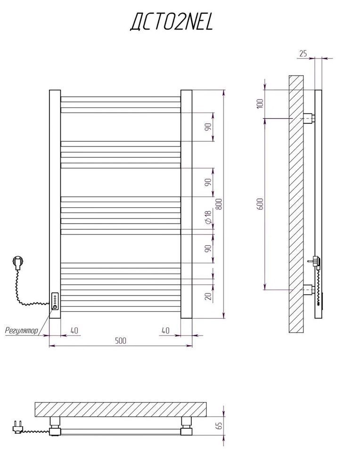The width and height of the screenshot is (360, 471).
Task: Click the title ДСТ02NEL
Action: (x=172, y=23)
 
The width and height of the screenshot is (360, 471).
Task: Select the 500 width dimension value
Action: (x=121, y=341)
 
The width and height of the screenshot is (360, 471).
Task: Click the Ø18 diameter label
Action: (x=208, y=217)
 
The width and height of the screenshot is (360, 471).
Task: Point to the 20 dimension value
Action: (x=208, y=296)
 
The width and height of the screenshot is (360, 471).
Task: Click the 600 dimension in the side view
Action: (x=260, y=204)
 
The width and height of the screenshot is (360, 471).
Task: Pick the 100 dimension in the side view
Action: (x=260, y=103)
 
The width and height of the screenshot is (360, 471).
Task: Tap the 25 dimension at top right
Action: (x=303, y=54)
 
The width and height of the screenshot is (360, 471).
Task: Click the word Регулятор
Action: (x=22, y=331)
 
